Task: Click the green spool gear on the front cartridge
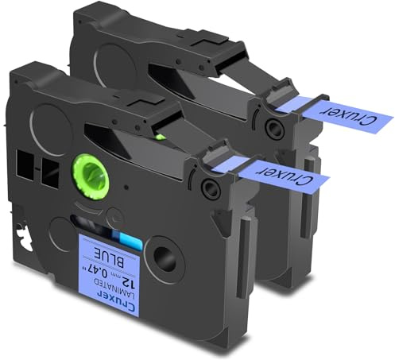coord(91,176)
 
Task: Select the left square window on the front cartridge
coord(25,165)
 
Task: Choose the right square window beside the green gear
coord(50,172)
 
